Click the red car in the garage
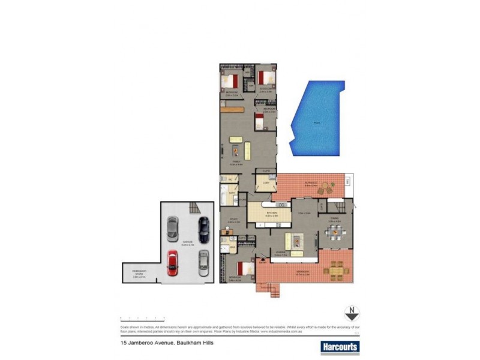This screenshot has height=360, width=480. tap(172, 262)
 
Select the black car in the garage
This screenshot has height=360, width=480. tap(204, 228)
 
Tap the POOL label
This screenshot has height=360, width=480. tap(316, 123)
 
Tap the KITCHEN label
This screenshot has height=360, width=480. tap(271, 213)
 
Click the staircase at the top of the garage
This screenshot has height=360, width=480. tap(193, 208)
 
